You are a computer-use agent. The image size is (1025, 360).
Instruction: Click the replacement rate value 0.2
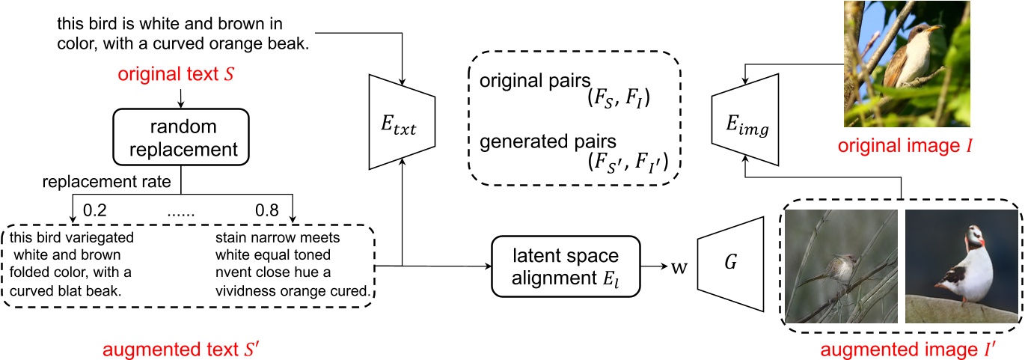coord(95,210)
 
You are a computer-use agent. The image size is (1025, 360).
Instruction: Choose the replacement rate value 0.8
coord(267,210)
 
